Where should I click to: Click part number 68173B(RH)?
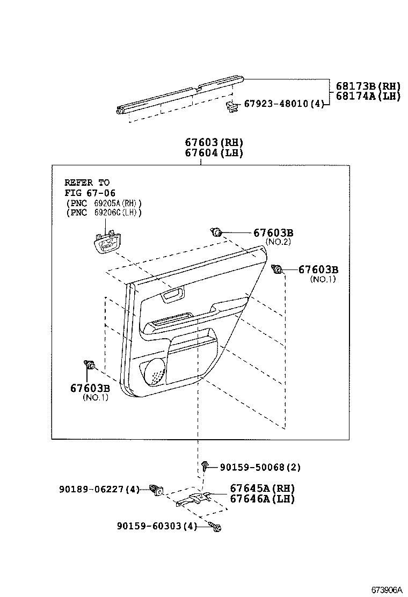368,86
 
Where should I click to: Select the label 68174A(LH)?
368,96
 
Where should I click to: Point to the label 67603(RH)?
214,142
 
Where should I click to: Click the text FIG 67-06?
90,193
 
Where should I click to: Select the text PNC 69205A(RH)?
104,203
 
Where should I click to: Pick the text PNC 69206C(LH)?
104,213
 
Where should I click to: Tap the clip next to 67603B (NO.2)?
216,232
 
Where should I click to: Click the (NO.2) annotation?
279,242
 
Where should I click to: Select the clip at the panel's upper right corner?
278,270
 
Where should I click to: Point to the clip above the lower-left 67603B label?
89,366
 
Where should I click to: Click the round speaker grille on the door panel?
156,372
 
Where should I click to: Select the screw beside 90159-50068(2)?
206,466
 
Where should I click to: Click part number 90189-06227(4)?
99,489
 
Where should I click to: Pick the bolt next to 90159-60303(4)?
216,527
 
